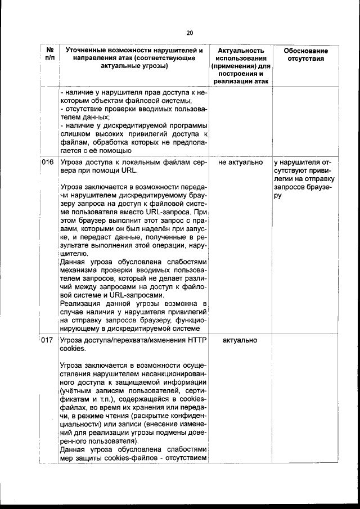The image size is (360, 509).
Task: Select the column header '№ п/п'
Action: tap(49, 55)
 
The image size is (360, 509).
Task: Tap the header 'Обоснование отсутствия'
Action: tap(305, 55)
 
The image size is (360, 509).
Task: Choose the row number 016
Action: tap(48, 163)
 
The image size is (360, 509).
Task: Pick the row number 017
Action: tap(48, 340)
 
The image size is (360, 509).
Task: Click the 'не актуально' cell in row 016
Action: tap(240, 163)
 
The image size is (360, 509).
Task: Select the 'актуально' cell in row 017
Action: tap(240, 340)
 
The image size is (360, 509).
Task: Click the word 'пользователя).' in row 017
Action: tap(104, 442)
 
